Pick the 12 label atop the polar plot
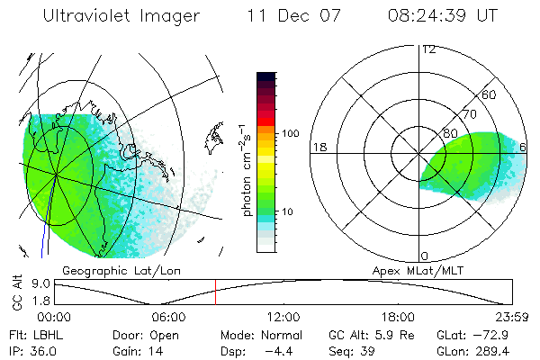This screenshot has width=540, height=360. (428, 49)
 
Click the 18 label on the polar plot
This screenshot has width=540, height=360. (319, 147)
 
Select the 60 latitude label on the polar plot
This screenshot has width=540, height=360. (490, 94)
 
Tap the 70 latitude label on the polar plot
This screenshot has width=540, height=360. (469, 114)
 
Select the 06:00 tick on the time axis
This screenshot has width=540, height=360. (169, 317)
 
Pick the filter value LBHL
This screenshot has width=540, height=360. (44, 333)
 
